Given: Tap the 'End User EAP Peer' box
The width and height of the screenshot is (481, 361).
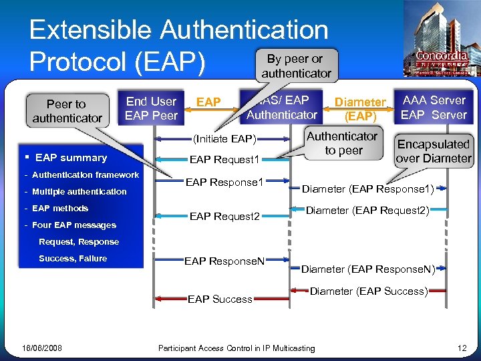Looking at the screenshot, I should pyautogui.click(x=152, y=108).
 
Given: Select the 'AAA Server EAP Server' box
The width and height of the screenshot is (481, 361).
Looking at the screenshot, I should pyautogui.click(x=434, y=107).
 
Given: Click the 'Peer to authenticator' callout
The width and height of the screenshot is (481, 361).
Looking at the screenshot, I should pyautogui.click(x=66, y=111).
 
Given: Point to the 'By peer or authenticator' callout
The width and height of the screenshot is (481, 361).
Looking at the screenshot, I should pyautogui.click(x=296, y=66).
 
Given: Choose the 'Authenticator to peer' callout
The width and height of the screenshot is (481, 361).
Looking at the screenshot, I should pyautogui.click(x=342, y=143).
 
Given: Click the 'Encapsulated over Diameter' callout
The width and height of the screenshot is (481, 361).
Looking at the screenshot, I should pyautogui.click(x=434, y=151).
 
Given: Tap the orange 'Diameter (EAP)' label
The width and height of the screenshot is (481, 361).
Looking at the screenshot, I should pyautogui.click(x=360, y=109).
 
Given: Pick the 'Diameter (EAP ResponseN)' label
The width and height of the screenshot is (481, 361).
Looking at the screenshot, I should pyautogui.click(x=368, y=269).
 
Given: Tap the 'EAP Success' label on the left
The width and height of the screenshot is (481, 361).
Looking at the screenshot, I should pyautogui.click(x=220, y=299).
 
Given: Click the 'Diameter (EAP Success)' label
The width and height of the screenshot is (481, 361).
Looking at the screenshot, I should pyautogui.click(x=368, y=291).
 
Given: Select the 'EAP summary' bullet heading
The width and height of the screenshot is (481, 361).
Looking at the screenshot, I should pyautogui.click(x=71, y=158).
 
